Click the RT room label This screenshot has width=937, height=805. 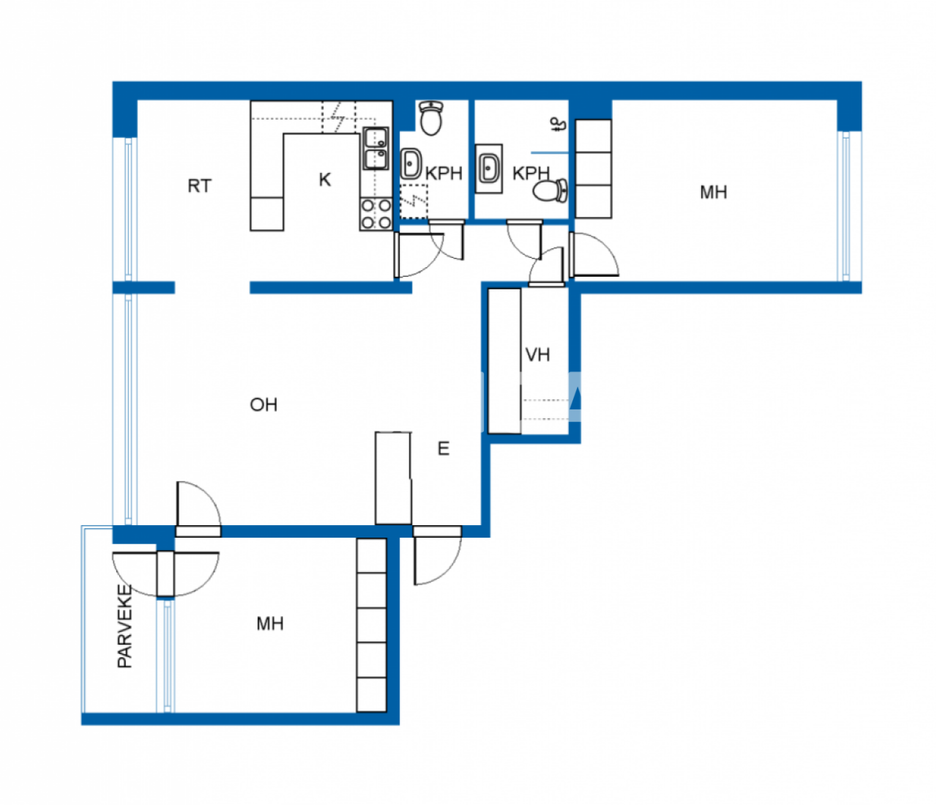pyautogui.click(x=199, y=186)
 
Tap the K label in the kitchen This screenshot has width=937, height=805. pyautogui.click(x=325, y=179)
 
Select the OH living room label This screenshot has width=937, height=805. pyautogui.click(x=264, y=404)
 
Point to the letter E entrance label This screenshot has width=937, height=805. pyautogui.click(x=443, y=448)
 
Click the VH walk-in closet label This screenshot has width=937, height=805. pyautogui.click(x=537, y=355)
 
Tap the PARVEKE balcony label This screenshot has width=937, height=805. pyautogui.click(x=125, y=626)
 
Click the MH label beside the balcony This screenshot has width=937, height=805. pyautogui.click(x=269, y=624)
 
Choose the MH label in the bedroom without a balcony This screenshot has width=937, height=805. pyautogui.click(x=713, y=193)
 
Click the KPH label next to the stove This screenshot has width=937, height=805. pyautogui.click(x=444, y=174)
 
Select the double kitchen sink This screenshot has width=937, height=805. pyautogui.click(x=376, y=149)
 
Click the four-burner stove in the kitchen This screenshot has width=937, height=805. pyautogui.click(x=376, y=213)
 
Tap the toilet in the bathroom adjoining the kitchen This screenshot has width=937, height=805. pyautogui.click(x=431, y=118)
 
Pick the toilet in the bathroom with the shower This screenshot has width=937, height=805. pyautogui.click(x=550, y=191)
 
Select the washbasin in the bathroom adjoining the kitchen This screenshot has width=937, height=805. pyautogui.click(x=411, y=163)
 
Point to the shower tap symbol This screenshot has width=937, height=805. pyautogui.click(x=559, y=125)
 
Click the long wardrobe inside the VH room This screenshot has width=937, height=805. pyautogui.click(x=504, y=360)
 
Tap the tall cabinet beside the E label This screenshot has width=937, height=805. pyautogui.click(x=393, y=478)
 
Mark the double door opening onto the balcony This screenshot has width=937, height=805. pyautogui.click(x=165, y=573)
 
